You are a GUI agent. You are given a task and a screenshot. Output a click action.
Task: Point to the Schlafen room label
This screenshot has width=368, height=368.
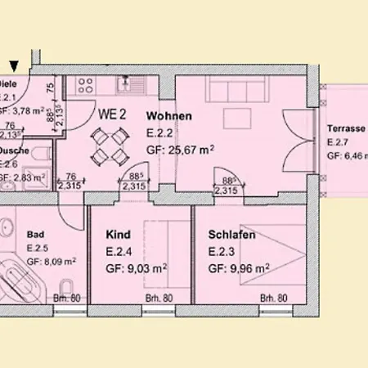(x=232, y=235)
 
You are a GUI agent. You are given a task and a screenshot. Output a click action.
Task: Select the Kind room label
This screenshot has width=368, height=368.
(x=118, y=235)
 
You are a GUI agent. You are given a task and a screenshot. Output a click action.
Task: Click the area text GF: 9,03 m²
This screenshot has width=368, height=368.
(x=136, y=267)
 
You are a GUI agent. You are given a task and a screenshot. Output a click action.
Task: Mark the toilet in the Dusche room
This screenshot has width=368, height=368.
(x=46, y=155)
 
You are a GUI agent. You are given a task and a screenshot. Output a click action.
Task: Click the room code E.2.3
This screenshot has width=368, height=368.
(x=222, y=250)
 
